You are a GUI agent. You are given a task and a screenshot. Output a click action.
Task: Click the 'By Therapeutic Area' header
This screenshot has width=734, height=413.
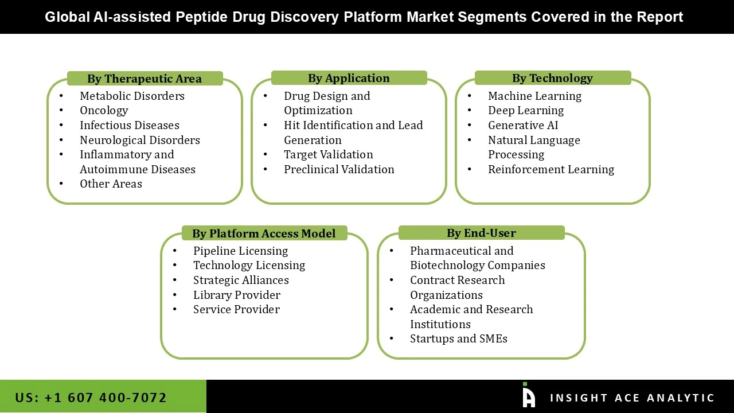click(x=145, y=79)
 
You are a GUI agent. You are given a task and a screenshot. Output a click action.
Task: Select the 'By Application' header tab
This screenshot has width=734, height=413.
click(x=349, y=78)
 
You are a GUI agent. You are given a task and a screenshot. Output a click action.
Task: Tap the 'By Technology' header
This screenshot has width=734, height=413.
click(x=552, y=78)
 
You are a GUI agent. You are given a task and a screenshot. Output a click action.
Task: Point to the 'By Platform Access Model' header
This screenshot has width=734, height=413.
click(x=264, y=233)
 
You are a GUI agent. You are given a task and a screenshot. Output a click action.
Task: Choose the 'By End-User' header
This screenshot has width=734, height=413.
click(x=481, y=233)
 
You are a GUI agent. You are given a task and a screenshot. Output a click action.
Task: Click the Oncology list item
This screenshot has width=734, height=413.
click(x=104, y=110)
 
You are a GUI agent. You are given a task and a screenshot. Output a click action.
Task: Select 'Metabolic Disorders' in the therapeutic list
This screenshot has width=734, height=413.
click(x=132, y=96)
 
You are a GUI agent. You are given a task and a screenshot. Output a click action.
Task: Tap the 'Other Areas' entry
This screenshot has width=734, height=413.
click(x=111, y=184)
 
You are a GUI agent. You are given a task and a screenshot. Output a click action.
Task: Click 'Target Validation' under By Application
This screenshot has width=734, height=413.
click(x=328, y=154)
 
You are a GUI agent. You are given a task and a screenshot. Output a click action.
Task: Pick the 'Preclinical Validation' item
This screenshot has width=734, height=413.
click(x=339, y=169)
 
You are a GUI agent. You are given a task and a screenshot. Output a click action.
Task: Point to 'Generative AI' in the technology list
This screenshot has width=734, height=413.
click(x=523, y=125)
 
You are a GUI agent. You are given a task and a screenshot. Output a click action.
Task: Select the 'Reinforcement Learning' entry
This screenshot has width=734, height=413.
click(x=551, y=169)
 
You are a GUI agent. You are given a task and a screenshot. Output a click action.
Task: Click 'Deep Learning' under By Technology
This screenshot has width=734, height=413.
click(x=526, y=110)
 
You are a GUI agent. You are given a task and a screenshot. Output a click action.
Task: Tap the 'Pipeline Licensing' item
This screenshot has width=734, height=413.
click(x=240, y=251)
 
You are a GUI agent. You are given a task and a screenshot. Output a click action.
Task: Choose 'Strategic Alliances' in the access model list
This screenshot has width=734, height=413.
click(x=241, y=280)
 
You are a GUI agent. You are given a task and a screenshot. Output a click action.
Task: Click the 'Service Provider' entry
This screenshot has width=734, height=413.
click(x=236, y=309)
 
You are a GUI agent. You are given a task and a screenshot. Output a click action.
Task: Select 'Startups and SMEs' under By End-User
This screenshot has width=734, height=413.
click(x=458, y=338)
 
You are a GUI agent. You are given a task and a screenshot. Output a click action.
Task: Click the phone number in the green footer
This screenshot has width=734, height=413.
click(x=91, y=398)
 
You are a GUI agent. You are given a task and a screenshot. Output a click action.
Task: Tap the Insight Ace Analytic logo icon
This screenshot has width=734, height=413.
click(x=529, y=396)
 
